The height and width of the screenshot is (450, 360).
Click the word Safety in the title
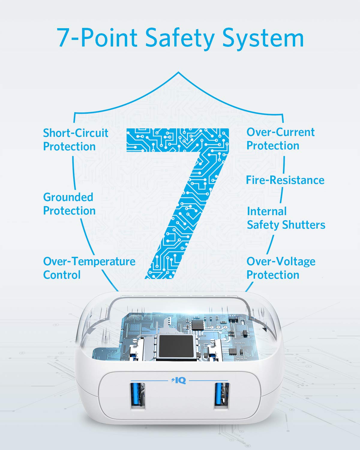179,39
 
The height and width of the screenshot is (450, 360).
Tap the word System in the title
263,39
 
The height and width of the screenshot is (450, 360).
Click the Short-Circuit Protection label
76,139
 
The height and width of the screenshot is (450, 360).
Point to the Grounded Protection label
69,204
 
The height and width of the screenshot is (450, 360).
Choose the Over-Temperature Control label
89,268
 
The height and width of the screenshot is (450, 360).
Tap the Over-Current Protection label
280,139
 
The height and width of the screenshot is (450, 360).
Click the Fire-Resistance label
285,180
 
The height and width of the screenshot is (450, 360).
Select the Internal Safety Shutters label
286,218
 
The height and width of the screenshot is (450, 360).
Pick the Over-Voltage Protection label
281,268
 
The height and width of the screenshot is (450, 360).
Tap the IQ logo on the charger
178,380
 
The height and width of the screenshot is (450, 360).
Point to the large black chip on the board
176,346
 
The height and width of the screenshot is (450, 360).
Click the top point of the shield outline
178,72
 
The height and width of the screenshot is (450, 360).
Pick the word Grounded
68,197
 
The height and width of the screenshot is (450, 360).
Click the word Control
62,274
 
